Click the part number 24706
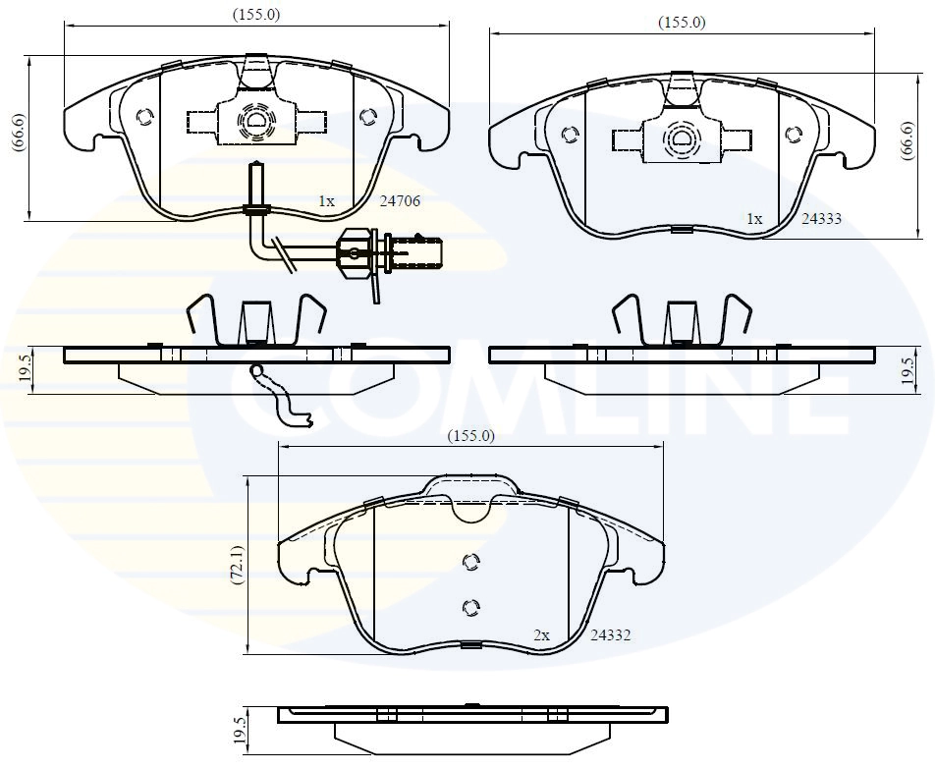point(400,201)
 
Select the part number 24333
point(821,220)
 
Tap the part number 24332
point(609,635)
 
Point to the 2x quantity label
point(541,635)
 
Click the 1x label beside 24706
point(326,201)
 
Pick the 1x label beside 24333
point(754,220)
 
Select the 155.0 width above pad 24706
point(256,14)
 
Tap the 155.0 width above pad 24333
point(682,22)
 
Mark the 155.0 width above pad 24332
point(471,436)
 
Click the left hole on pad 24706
point(144,117)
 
